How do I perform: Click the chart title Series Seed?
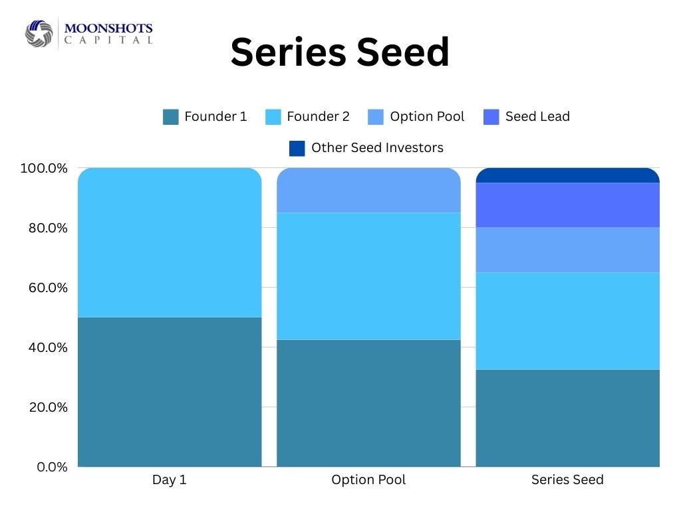[x=340, y=52]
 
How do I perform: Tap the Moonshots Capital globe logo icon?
[x=39, y=33]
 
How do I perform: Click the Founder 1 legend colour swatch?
[x=171, y=117]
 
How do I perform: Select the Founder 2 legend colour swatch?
[x=273, y=117]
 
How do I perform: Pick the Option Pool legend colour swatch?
[x=376, y=117]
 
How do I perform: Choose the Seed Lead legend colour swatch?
[x=491, y=117]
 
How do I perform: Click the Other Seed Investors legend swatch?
[x=297, y=148]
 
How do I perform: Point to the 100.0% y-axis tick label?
[x=44, y=168]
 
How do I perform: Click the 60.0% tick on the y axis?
[x=48, y=288]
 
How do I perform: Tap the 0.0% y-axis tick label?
[x=52, y=467]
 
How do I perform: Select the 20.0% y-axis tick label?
[x=48, y=407]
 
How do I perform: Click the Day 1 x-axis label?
[x=170, y=479]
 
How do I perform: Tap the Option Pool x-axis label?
[x=368, y=479]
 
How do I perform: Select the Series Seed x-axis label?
[x=568, y=479]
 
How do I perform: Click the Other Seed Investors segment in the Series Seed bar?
[x=568, y=175]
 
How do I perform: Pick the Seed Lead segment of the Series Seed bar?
[x=568, y=205]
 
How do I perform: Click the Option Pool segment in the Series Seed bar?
[x=568, y=250]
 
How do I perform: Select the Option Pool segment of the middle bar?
[x=368, y=190]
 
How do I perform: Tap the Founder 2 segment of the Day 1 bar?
[x=170, y=242]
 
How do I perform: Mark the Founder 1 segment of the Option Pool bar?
[x=368, y=403]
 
